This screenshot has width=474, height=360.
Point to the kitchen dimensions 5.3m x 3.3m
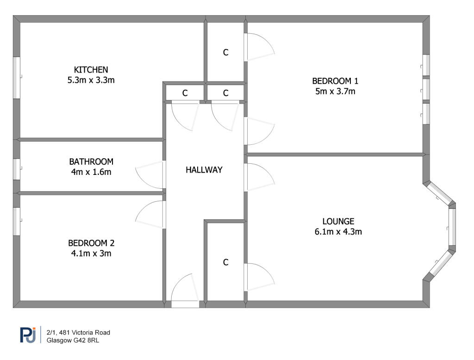click(x=91, y=80)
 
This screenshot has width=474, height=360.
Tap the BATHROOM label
click(x=91, y=162)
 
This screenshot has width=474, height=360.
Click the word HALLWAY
click(x=204, y=170)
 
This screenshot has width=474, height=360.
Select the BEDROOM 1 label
click(x=335, y=81)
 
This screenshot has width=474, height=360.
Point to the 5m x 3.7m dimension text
click(x=335, y=91)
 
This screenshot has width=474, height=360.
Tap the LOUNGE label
click(x=338, y=221)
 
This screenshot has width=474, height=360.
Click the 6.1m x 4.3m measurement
click(x=338, y=232)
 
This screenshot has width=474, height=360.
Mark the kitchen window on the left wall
click(x=17, y=77)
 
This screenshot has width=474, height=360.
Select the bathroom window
click(x=17, y=169)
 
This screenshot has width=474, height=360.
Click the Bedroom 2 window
click(x=17, y=221)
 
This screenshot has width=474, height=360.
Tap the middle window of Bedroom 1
click(x=426, y=89)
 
